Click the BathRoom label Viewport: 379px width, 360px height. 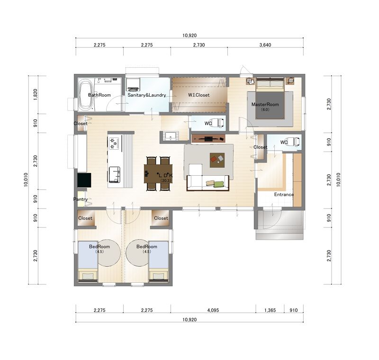click(x=99, y=95)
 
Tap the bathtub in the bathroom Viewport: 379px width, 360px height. click(x=86, y=95)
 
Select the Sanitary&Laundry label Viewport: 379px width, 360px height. click(x=147, y=95)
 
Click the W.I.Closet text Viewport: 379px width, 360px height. click(x=199, y=95)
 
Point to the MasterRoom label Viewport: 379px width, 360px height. click(x=265, y=104)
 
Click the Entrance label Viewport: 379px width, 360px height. click(x=284, y=195)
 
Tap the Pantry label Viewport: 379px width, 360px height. click(x=80, y=199)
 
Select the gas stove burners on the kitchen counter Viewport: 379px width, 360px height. click(x=113, y=143)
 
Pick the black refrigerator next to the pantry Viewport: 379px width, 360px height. click(x=84, y=180)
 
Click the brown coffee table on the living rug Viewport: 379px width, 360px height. click(x=217, y=160)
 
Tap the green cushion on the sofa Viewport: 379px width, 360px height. click(x=218, y=184)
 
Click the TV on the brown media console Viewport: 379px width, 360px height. click(x=208, y=139)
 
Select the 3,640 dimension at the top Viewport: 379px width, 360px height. click(x=265, y=45)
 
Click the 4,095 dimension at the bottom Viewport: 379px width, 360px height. click(x=213, y=310)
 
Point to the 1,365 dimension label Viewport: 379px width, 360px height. click(x=270, y=310)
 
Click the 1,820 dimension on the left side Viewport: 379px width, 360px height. click(x=35, y=95)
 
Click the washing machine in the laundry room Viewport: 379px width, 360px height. click(x=133, y=85)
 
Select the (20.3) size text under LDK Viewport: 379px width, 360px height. click(x=166, y=180)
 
